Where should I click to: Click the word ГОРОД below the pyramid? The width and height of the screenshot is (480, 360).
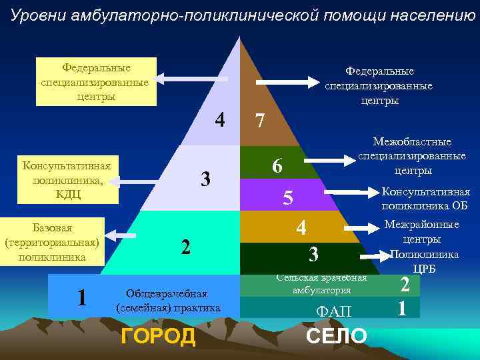pos(159,336)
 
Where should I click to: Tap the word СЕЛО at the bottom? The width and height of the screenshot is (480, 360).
pos(336,336)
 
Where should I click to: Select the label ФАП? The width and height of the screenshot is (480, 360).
pos(333,311)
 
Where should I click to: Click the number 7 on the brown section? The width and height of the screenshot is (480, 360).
pos(260,121)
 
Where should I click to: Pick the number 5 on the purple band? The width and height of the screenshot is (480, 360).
pos(288,198)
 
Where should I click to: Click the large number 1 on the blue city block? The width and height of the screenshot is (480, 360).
pos(81,297)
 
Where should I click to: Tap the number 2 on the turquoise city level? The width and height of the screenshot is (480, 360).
pos(187,247)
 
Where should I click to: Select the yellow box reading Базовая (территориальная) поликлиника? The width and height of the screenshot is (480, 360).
pos(52,241)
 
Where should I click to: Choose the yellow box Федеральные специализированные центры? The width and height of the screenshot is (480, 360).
pos(96,82)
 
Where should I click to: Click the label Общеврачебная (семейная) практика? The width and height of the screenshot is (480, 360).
pos(168,301)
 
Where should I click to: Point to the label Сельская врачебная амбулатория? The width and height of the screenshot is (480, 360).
pos(321,284)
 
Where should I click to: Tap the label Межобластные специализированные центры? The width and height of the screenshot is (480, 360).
pos(412,156)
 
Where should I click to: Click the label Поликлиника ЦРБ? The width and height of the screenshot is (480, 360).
pos(424,261)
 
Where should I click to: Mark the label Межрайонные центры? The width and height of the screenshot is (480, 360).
pos(421,231)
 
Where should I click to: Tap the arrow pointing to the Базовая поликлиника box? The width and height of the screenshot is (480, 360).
pos(121,235)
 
